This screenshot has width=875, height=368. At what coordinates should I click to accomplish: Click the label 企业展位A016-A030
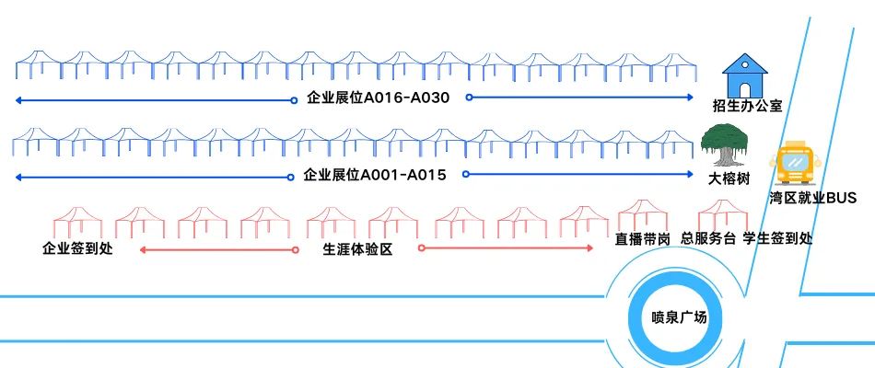click(378, 97)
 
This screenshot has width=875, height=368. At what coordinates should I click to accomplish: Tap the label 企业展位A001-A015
click(375, 174)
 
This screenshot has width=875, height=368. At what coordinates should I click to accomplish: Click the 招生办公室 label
click(747, 105)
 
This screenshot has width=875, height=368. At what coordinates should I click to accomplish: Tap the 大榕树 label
click(729, 176)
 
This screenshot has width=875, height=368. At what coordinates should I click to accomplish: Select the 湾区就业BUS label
click(813, 198)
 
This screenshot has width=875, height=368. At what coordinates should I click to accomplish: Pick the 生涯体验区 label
click(357, 249)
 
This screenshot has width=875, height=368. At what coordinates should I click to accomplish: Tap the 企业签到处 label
click(77, 248)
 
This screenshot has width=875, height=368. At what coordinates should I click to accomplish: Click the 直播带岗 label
click(642, 238)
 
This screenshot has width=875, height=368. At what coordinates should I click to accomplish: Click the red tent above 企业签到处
click(77, 222)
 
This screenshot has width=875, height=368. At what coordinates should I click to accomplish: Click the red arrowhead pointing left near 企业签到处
click(143, 249)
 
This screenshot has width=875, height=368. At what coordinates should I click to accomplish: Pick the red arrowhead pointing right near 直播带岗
click(590, 248)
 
